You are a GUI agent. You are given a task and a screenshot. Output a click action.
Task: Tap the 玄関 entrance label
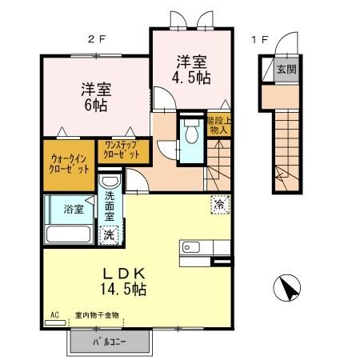pyautogui.click(x=286, y=70)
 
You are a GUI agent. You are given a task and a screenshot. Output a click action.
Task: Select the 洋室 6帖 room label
pyautogui.click(x=94, y=96)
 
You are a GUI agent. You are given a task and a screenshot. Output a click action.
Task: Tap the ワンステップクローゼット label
pyautogui.click(x=122, y=150)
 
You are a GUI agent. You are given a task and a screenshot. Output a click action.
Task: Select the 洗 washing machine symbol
pyautogui.click(x=110, y=235)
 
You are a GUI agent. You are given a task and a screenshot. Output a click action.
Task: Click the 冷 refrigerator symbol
pyautogui.click(x=218, y=204)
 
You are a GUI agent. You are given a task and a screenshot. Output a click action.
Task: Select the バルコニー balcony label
pyautogui.click(x=110, y=342)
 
